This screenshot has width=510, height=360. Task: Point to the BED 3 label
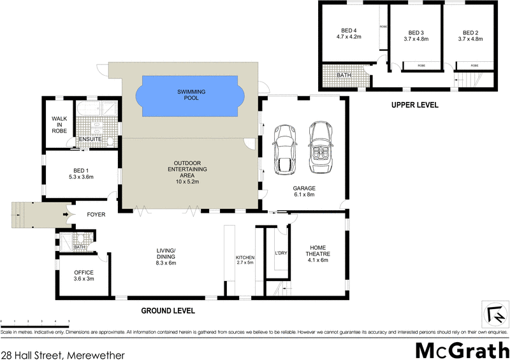coord(416,36)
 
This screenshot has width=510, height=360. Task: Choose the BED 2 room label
coord(470,36)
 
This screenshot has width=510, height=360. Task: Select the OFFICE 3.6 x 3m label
coord(84,275)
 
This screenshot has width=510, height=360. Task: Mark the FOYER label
coord(96,215)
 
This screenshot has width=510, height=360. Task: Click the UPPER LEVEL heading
coord(414,104)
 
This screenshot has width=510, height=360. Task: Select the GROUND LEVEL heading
coord(168,310)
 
